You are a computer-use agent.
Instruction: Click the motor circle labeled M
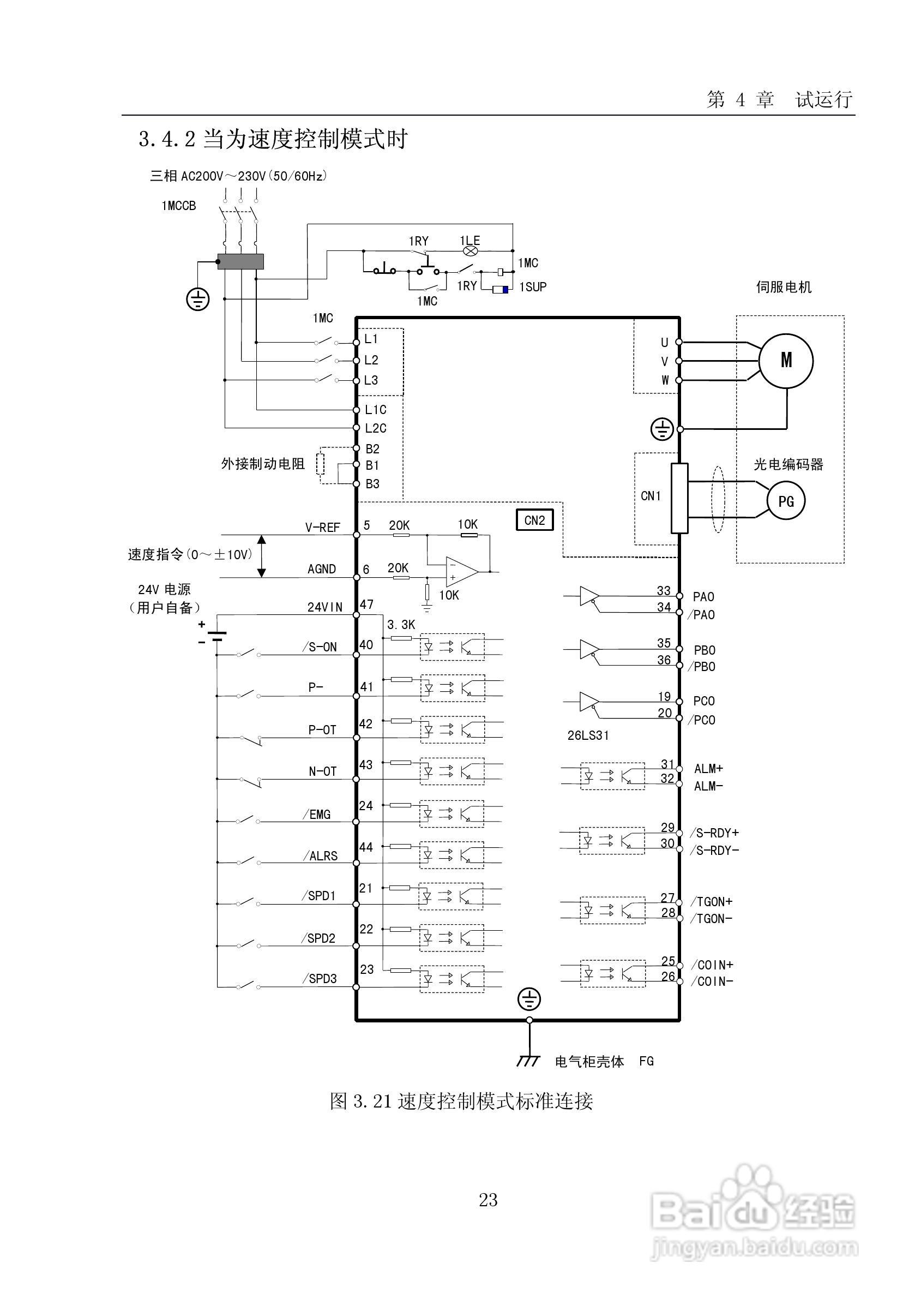click(x=786, y=361)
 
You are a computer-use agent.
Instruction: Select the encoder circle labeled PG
click(x=786, y=501)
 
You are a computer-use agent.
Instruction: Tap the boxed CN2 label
click(x=534, y=520)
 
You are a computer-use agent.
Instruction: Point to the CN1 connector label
click(x=651, y=495)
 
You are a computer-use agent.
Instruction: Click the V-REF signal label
click(x=322, y=528)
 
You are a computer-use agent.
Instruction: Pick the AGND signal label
click(x=321, y=569)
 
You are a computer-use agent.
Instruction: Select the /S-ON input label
click(x=320, y=647)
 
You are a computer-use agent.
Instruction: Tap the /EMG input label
click(x=317, y=814)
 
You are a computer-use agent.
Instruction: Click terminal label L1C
click(x=376, y=410)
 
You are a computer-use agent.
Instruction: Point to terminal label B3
click(x=372, y=484)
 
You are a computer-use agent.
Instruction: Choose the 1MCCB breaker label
click(x=179, y=206)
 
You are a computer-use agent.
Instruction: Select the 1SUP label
click(x=533, y=287)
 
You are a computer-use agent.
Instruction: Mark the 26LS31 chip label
click(x=588, y=735)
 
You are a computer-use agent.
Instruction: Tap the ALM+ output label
click(x=708, y=769)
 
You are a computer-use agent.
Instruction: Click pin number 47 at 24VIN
click(x=366, y=604)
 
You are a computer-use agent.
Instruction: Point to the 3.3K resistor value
click(x=401, y=625)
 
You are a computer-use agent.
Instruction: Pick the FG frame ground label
click(x=646, y=1061)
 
